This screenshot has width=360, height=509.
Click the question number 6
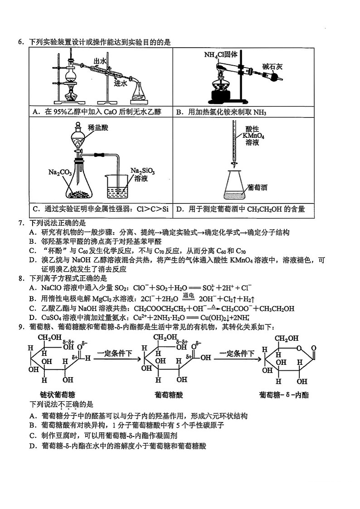tap(20, 43)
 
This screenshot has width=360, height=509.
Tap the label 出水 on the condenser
tap(100, 61)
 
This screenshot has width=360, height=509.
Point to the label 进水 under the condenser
tap(120, 83)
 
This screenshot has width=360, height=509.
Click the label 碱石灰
tap(272, 67)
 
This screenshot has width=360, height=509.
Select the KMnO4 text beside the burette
tap(253, 136)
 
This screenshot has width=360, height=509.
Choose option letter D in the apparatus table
tap(179, 209)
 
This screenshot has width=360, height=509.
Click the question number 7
tap(20, 223)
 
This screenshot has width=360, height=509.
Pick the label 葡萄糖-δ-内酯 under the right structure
tap(284, 395)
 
